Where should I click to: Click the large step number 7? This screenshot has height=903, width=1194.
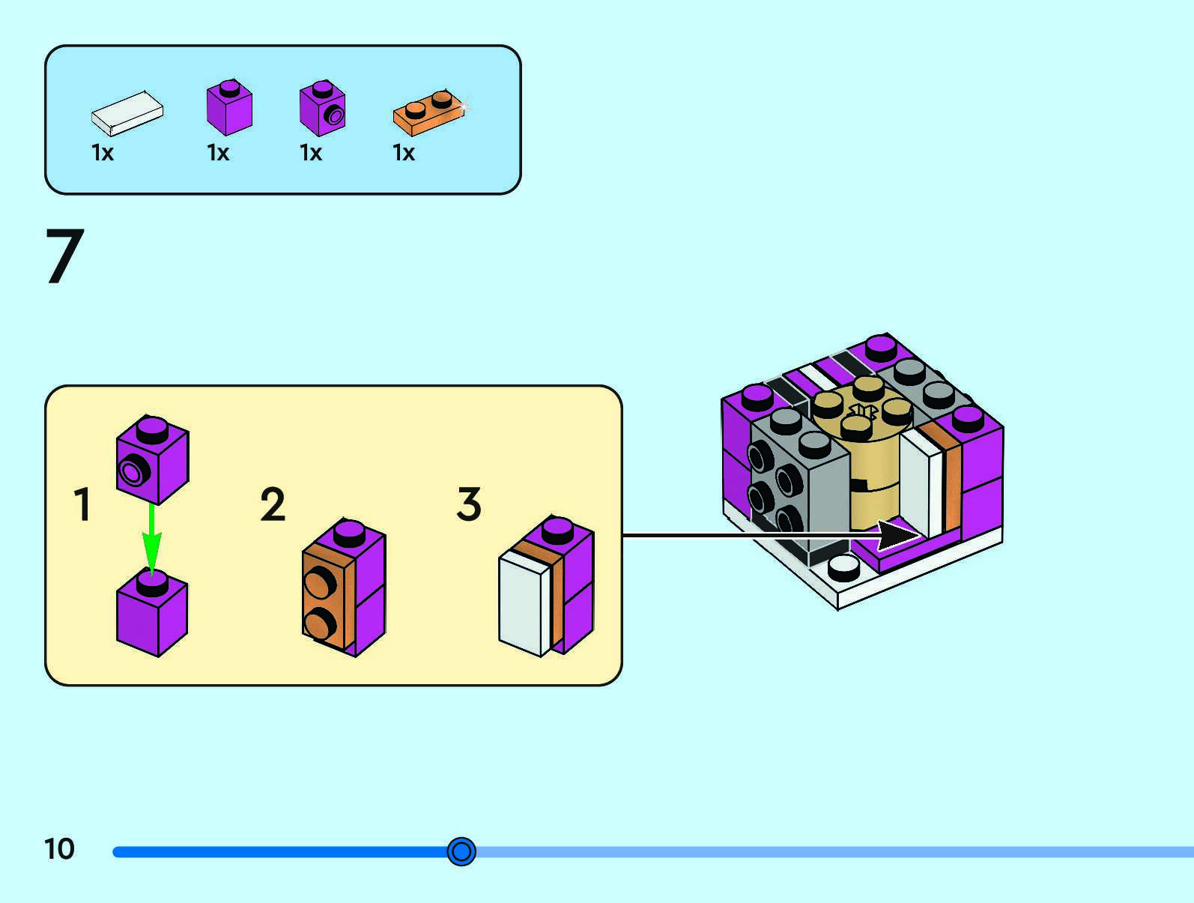point(64,256)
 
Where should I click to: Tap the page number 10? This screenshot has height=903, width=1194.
point(59,849)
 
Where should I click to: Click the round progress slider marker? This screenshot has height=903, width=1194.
point(461,851)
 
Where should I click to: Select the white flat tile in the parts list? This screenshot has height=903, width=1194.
point(127,113)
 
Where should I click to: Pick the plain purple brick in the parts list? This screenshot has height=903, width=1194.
point(229,109)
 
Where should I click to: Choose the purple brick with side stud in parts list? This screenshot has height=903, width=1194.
point(322,109)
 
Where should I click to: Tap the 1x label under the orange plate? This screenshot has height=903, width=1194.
point(404,153)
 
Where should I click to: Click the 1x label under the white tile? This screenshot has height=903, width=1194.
point(103,153)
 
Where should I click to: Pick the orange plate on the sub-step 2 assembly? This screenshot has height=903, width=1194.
point(328,600)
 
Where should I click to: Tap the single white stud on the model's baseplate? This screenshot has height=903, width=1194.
point(844,567)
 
